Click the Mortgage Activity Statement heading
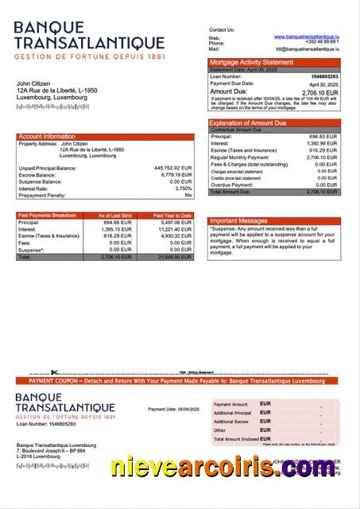[x=251, y=62]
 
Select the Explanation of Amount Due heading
[x=248, y=123]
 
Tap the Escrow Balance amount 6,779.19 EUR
[x=175, y=175]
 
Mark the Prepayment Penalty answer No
[x=188, y=195]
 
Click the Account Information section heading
[x=47, y=137]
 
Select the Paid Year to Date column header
[x=172, y=216]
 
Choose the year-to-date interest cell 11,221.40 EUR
[x=174, y=229]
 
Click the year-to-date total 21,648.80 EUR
[x=174, y=258]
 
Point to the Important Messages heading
[x=238, y=220]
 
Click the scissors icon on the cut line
[x=54, y=372]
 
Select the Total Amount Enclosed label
[x=236, y=439]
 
